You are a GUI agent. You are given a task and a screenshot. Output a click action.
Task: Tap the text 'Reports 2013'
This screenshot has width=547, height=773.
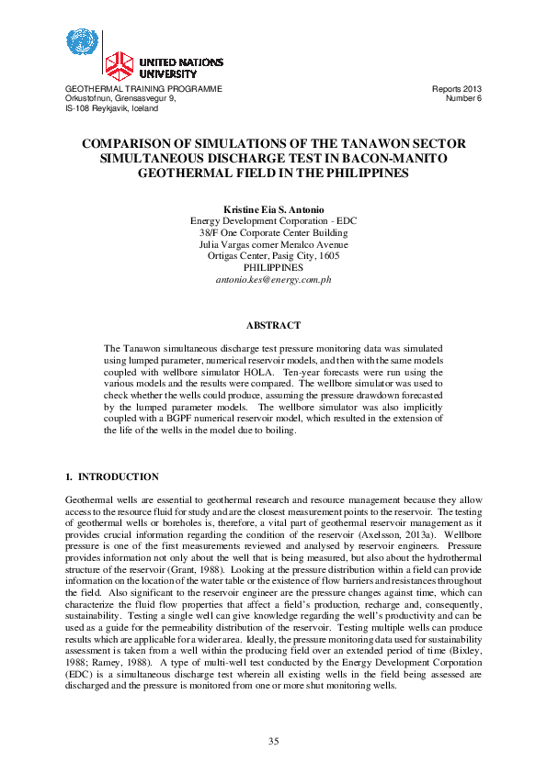(456, 89)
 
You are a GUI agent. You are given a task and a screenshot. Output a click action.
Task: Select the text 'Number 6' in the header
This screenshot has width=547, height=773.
(463, 98)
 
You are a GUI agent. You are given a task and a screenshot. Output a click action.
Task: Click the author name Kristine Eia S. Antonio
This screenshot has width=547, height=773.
(273, 210)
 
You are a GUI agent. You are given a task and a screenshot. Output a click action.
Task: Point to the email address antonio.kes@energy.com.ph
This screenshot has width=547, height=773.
(273, 278)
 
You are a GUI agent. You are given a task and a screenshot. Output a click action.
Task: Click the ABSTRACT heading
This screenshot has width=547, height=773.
(273, 325)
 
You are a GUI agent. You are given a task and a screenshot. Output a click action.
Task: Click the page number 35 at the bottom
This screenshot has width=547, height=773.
(273, 741)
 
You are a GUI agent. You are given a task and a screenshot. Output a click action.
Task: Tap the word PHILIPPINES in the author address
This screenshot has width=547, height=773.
(273, 267)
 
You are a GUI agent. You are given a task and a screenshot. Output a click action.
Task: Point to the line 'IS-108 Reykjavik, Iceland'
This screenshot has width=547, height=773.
(111, 108)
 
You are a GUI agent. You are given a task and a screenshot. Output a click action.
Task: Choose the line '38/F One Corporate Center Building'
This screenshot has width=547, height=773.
(273, 233)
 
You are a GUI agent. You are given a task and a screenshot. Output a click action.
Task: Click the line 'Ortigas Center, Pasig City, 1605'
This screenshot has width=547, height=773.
(273, 256)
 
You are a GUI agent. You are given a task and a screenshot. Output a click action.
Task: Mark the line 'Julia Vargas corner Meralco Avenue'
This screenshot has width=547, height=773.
(273, 244)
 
